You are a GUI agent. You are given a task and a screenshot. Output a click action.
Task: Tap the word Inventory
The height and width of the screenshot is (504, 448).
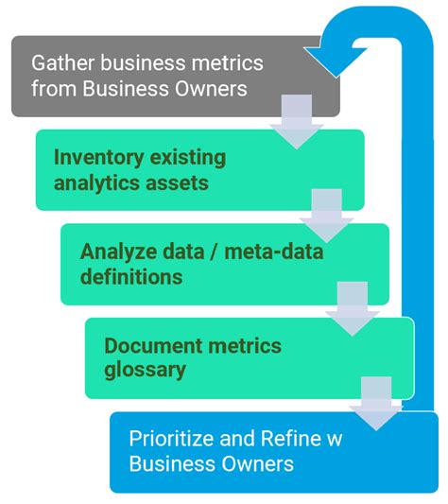click(x=95, y=158)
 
